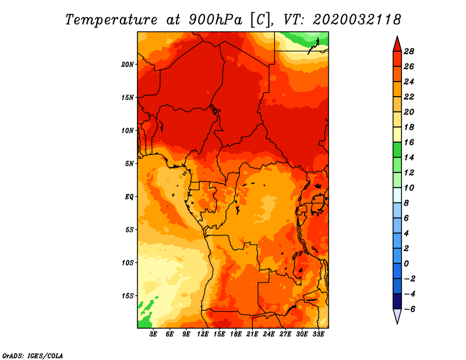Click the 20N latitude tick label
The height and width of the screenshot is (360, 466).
click(x=128, y=65)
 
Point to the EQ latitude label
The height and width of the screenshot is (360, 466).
click(x=129, y=197)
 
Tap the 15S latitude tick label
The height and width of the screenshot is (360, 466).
click(x=128, y=296)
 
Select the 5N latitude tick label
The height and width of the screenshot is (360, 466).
click(x=129, y=164)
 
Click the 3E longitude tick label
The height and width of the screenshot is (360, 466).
click(x=153, y=334)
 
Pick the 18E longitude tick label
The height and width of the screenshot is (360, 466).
click(x=236, y=334)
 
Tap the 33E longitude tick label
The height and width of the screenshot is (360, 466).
click(x=318, y=334)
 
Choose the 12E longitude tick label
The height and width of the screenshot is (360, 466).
click(x=203, y=334)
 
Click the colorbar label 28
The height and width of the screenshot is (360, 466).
click(x=409, y=52)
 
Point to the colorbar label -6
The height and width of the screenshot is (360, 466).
click(x=409, y=309)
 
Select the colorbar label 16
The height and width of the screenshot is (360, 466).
click(x=409, y=142)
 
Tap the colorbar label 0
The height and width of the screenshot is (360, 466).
click(x=406, y=264)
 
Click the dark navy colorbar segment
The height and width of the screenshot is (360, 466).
click(x=397, y=301)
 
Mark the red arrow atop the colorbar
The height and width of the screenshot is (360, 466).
click(x=397, y=44)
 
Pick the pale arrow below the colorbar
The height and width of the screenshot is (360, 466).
click(x=397, y=316)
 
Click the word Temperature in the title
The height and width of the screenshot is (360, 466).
click(x=111, y=20)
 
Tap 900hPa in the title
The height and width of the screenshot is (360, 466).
click(x=216, y=20)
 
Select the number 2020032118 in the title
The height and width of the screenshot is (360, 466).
click(x=357, y=20)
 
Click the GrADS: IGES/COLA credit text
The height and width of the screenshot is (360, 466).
click(x=33, y=356)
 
